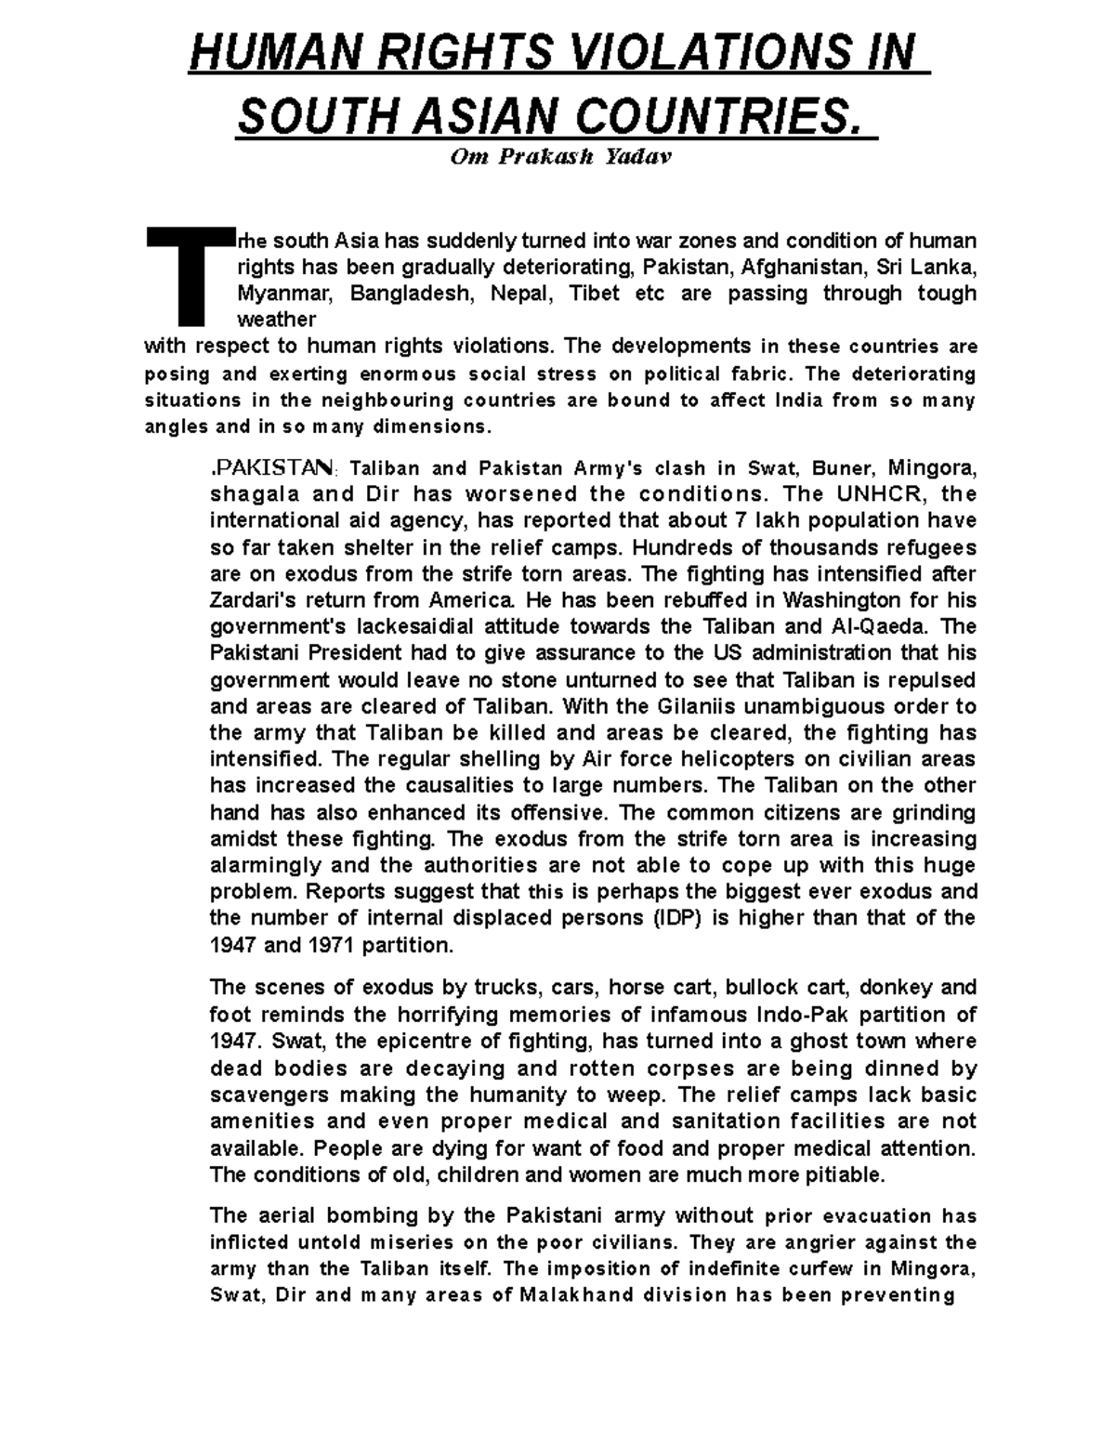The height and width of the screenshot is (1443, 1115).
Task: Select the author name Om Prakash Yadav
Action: click(559, 157)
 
